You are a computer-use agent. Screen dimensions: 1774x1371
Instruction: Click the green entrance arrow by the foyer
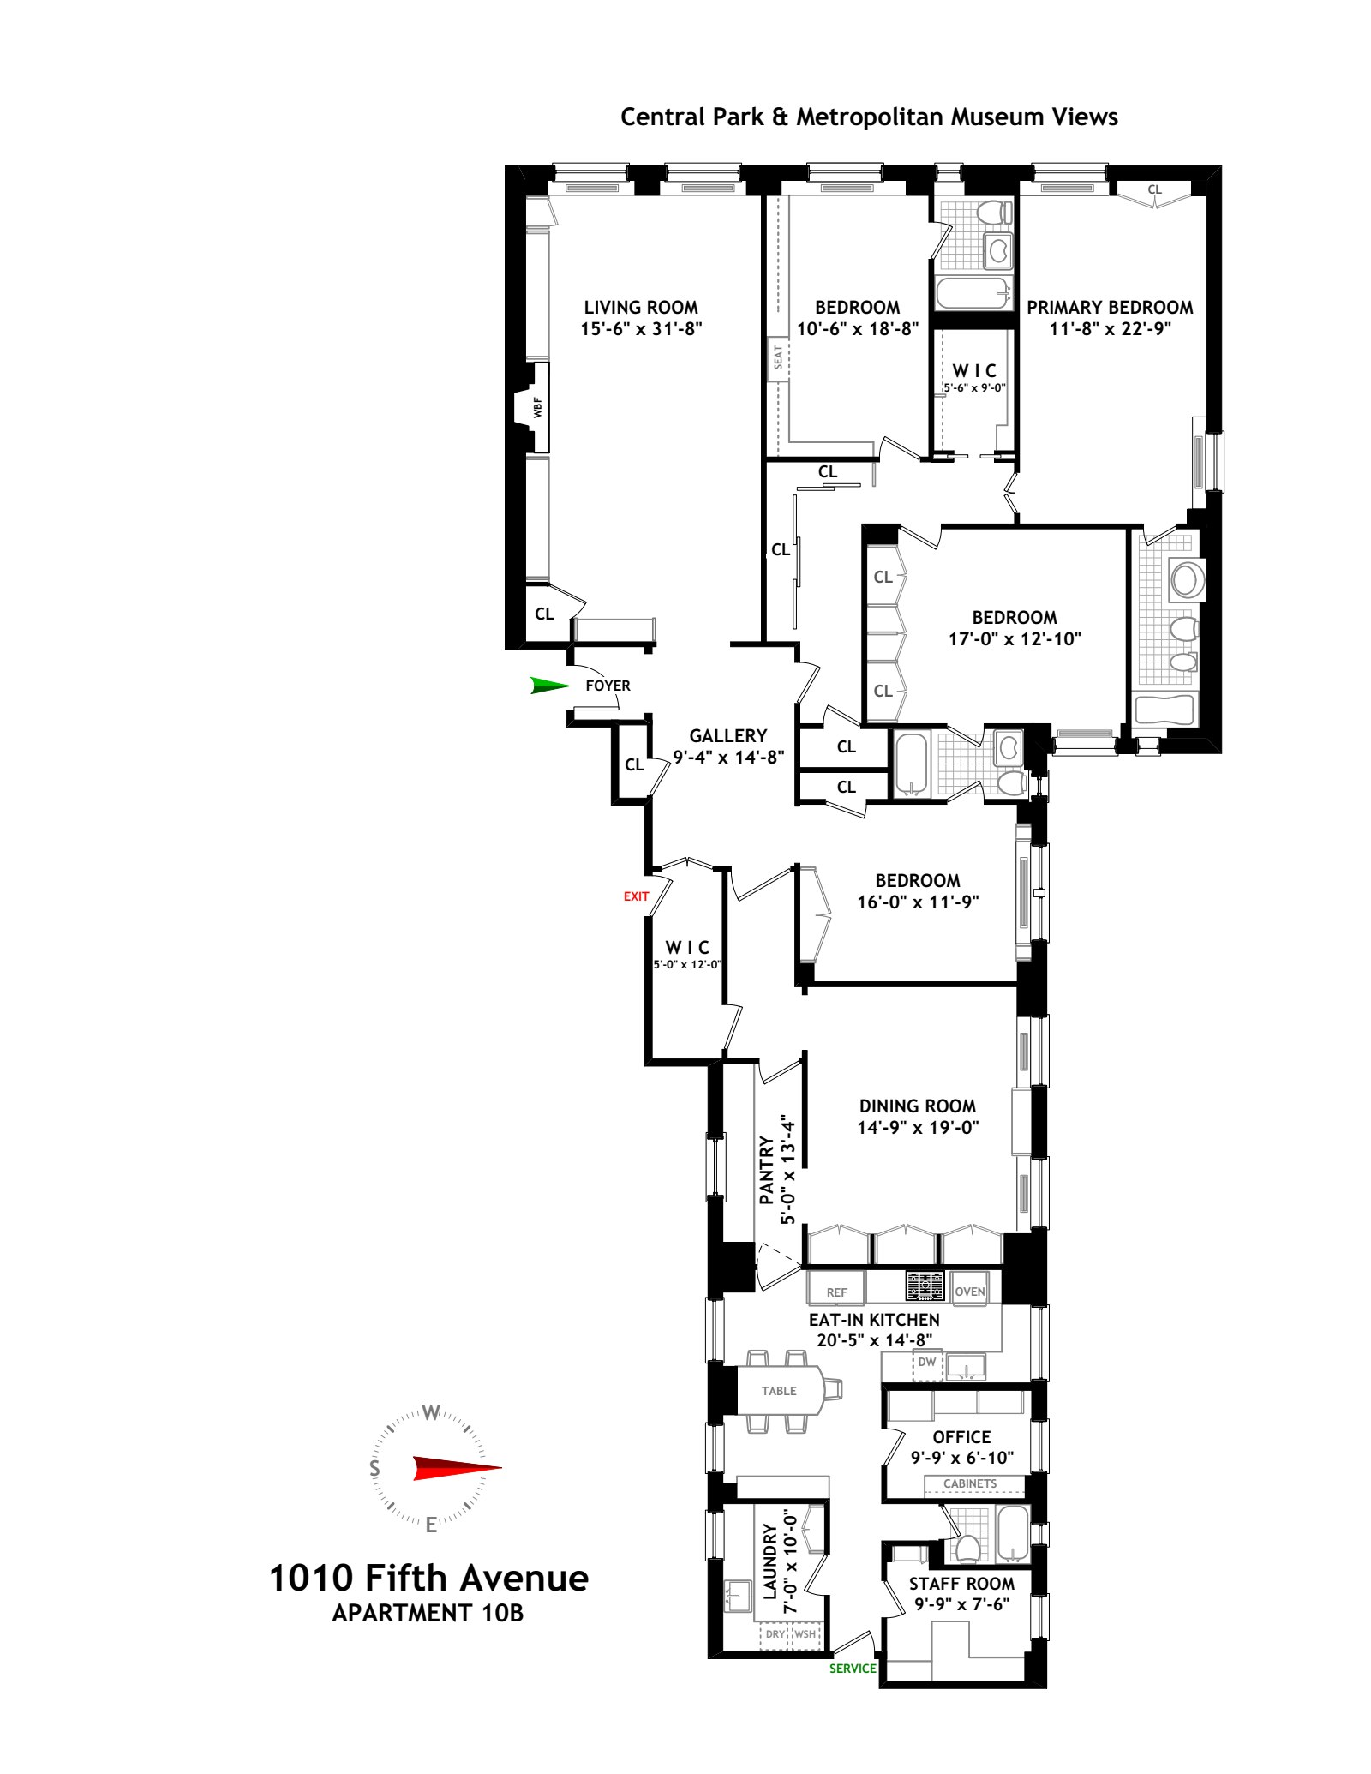coord(549,685)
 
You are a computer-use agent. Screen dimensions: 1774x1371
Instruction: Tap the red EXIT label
coord(637,896)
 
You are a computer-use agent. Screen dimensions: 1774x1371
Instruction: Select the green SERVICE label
coord(853,1669)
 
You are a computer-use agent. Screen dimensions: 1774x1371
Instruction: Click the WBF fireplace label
coord(537,408)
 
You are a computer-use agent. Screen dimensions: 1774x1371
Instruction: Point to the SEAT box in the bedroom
coord(778,357)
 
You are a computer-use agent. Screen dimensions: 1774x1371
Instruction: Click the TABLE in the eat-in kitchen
coord(779,1391)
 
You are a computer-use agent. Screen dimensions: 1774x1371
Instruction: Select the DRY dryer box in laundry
coord(775,1634)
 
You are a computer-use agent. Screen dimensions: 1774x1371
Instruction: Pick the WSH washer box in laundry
coord(805,1634)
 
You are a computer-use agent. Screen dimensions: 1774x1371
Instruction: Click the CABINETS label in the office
coord(970,1483)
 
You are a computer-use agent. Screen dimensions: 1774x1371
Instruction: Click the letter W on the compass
coord(432,1413)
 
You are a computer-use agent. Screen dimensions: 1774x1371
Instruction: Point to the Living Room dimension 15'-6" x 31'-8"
coord(641,328)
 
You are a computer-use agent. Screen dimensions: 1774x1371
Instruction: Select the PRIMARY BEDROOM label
coord(1110,307)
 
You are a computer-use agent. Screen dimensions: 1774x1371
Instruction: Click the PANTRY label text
coord(768,1170)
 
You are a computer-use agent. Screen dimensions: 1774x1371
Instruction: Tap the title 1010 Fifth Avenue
coord(429,1578)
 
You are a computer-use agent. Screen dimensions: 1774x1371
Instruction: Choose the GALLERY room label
coord(727,735)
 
